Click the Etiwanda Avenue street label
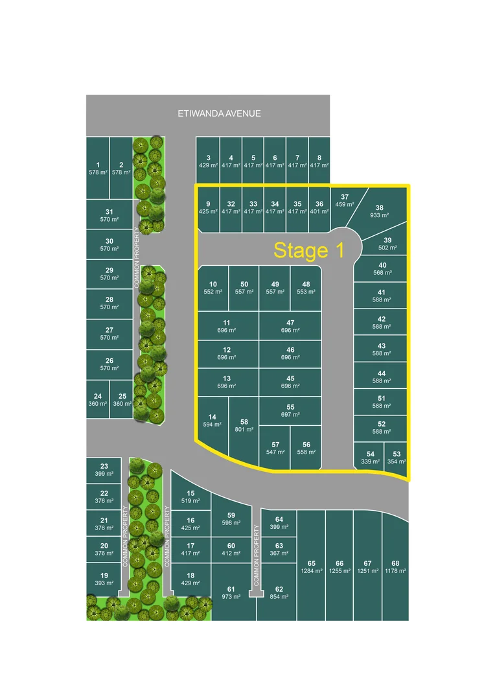click(219, 113)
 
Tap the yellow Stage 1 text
click(308, 250)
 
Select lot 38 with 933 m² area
click(379, 211)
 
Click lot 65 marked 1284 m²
click(311, 566)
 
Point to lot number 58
click(244, 421)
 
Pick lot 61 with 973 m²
click(231, 592)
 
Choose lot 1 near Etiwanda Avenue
click(98, 169)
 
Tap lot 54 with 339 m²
click(370, 458)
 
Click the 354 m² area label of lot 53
click(397, 461)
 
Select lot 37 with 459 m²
click(343, 201)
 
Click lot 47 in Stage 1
click(290, 326)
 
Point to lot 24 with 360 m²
click(98, 400)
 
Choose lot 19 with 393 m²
click(104, 579)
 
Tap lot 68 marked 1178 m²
click(395, 566)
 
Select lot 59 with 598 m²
click(231, 519)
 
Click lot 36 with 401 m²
click(319, 207)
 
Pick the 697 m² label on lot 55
click(290, 414)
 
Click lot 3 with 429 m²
click(208, 161)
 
